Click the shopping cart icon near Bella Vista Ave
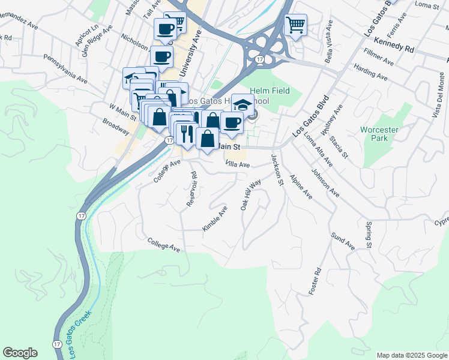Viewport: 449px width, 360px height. pos(295,25)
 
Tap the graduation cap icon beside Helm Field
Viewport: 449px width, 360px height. pos(243,104)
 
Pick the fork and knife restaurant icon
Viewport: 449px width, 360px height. pos(186,133)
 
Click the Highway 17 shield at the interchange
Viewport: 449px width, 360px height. pos(259,59)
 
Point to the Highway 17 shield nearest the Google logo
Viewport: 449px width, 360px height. pos(56,344)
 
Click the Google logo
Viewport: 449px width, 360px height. pos(20,353)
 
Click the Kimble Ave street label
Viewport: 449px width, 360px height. pos(215,219)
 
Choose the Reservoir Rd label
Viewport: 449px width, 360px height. pos(192,190)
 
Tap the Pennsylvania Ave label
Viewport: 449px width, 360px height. pos(65,69)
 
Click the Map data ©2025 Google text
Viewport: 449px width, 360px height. pos(411,355)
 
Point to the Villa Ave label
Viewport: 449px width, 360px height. pos(237,163)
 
